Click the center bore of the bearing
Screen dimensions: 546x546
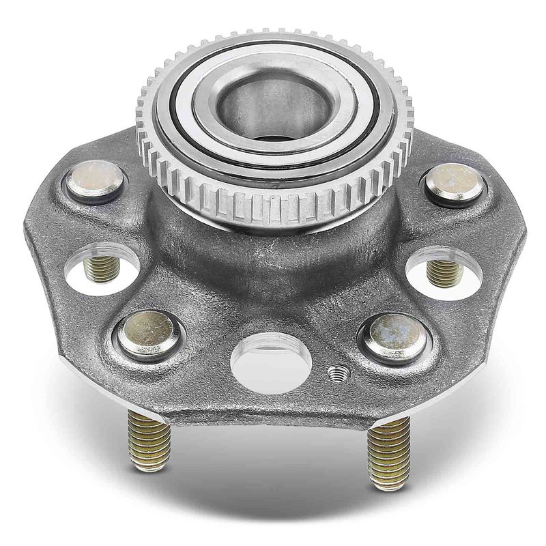[273, 109]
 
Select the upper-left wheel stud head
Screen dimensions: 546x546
[95, 181]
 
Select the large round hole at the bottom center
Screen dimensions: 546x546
[271, 362]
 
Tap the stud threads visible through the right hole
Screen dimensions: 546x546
[444, 272]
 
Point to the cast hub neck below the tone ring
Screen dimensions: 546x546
[273, 253]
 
